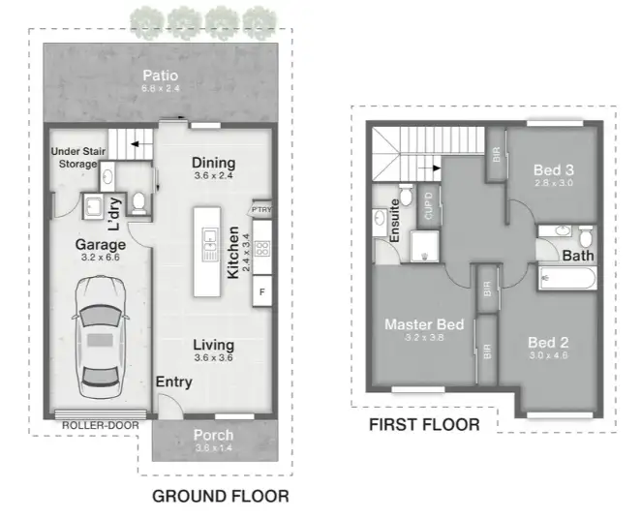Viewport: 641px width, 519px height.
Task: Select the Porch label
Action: [x=214, y=435]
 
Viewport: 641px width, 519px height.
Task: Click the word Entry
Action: [x=174, y=382]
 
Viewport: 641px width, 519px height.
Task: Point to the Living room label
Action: [x=213, y=345]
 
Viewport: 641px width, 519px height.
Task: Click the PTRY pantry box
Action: [x=260, y=208]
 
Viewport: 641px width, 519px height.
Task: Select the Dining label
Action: [x=213, y=162]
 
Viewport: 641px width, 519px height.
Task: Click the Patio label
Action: [x=159, y=76]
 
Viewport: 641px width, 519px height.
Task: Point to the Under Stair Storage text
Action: [x=75, y=158]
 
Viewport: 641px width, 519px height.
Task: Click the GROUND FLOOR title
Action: [x=221, y=497]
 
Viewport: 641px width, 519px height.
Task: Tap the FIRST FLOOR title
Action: [x=424, y=425]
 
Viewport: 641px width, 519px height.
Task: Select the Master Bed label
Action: [x=423, y=323]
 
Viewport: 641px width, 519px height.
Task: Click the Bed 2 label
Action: [x=548, y=342]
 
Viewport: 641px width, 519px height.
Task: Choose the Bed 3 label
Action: [x=553, y=171]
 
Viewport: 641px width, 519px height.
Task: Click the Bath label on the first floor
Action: [x=579, y=256]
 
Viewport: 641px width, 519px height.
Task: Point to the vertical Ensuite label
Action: [x=395, y=222]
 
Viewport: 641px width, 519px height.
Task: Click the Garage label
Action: [x=101, y=245]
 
